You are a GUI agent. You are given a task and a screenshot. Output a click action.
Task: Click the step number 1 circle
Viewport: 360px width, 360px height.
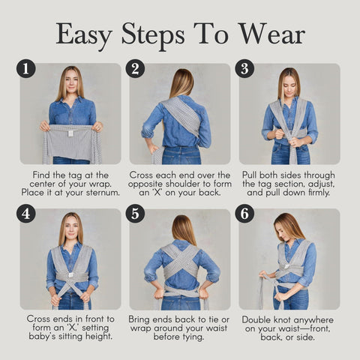[26, 68]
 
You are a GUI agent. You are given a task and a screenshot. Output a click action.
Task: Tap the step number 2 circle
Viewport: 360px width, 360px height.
[135, 68]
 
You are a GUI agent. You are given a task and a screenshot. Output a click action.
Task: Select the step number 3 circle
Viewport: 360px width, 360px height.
[244, 68]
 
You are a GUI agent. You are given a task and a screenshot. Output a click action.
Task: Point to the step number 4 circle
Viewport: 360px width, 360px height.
[26, 214]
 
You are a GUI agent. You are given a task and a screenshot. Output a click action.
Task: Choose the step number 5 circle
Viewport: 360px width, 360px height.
[135, 214]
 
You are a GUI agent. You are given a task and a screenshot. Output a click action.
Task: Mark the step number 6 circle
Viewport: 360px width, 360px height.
[244, 214]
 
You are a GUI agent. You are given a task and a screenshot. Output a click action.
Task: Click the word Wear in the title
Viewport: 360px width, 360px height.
[271, 34]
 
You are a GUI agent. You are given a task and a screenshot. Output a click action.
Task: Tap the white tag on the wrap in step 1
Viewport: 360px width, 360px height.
[70, 133]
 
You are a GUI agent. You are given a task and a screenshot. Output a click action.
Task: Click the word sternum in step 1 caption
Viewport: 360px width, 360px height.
[103, 193]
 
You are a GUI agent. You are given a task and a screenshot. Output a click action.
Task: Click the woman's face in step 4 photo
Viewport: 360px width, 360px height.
[71, 227]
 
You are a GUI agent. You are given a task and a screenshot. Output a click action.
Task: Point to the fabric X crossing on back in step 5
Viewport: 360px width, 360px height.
[180, 262]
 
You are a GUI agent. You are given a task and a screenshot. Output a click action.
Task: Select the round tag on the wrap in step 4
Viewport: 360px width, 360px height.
[71, 275]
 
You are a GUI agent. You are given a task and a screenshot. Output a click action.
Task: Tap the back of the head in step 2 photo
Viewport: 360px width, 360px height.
[182, 82]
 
